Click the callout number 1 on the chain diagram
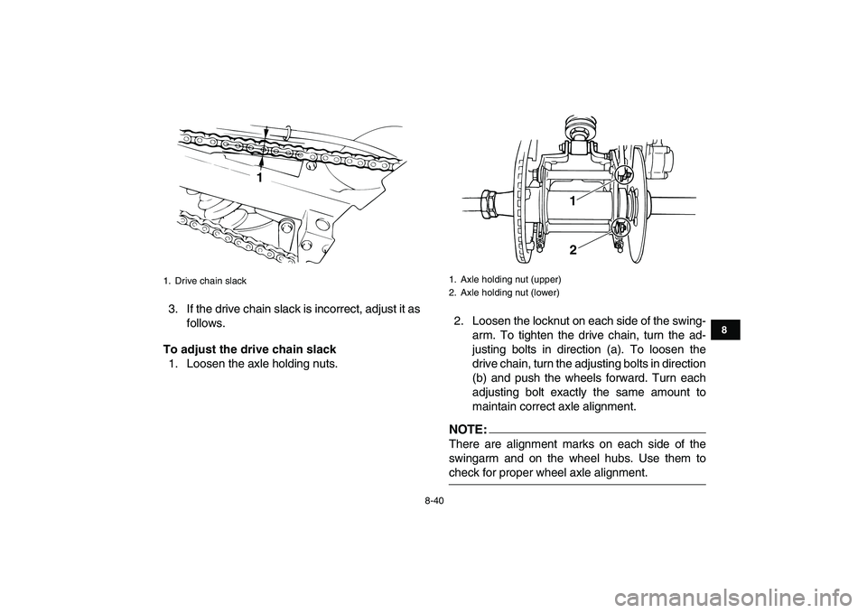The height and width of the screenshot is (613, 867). [x=258, y=179]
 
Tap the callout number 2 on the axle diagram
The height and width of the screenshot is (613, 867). [x=573, y=250]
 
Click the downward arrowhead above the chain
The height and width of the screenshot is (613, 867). [x=266, y=134]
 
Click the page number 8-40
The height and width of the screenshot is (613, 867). [x=433, y=500]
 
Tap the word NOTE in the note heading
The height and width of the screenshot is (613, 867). [x=468, y=430]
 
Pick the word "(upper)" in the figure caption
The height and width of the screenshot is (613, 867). [x=545, y=279]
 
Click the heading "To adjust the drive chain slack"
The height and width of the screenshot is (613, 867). [x=249, y=349]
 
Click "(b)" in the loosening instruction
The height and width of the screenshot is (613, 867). [x=480, y=378]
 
